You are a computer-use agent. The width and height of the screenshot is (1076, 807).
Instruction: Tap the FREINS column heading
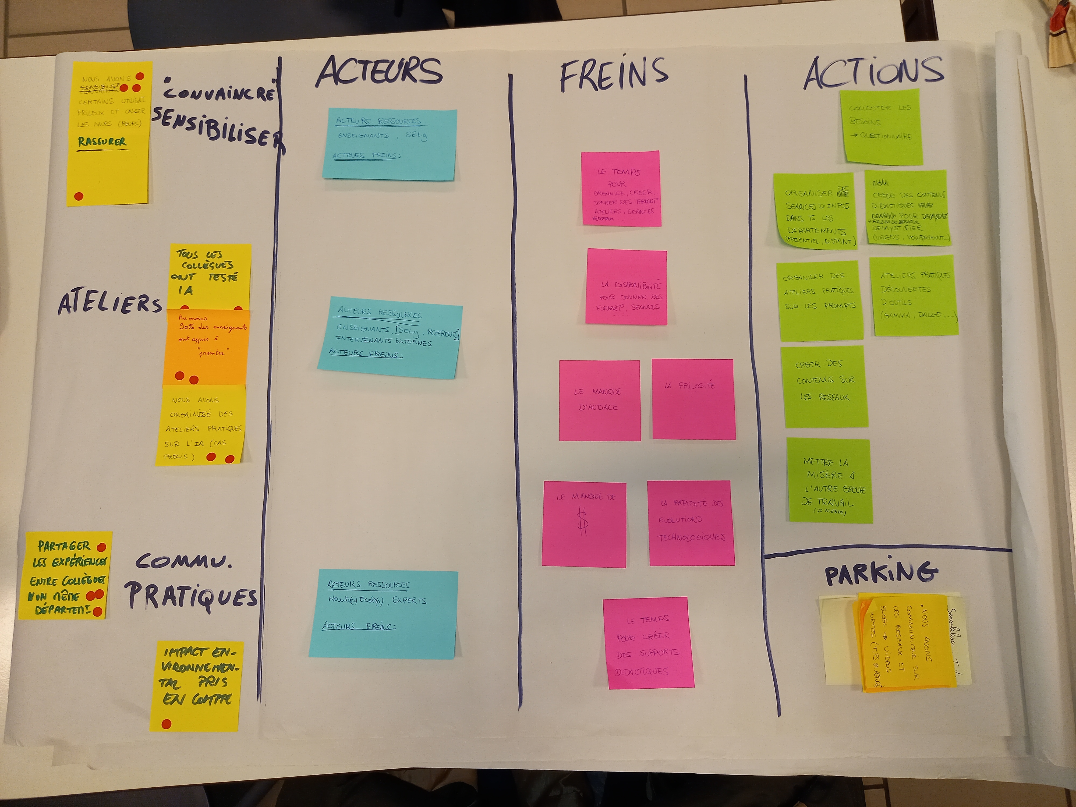(614, 74)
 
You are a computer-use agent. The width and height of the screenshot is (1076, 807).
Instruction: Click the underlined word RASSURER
(102, 142)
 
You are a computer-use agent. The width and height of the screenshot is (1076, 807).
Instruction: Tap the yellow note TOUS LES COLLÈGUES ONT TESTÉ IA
(210, 275)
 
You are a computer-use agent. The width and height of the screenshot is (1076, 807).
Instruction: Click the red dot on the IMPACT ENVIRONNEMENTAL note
(166, 724)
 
